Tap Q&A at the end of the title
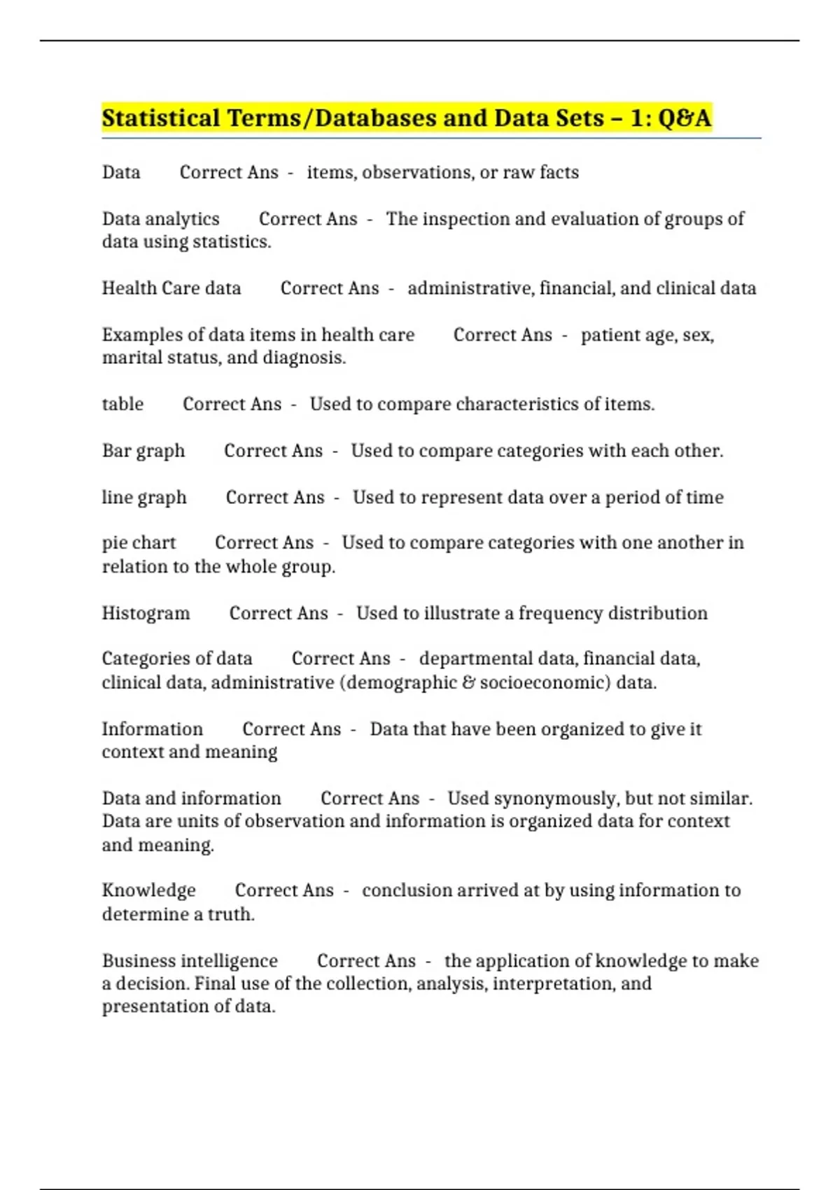tap(684, 118)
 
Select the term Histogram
tap(146, 613)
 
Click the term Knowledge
tap(148, 890)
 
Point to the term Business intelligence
tap(190, 960)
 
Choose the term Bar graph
tap(143, 451)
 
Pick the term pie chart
tap(139, 543)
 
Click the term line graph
tap(144, 498)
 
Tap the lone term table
tap(122, 405)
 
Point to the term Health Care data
tap(171, 288)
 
